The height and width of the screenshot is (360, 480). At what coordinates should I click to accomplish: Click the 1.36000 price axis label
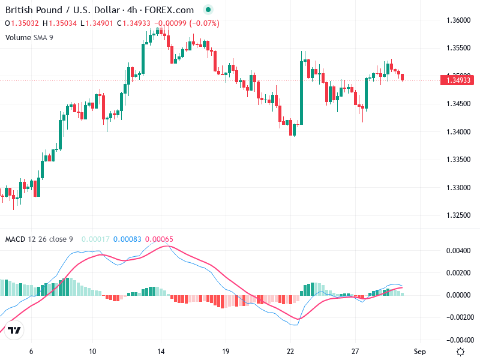click(x=458, y=20)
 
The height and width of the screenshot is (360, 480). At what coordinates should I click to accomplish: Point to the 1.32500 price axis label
click(x=458, y=215)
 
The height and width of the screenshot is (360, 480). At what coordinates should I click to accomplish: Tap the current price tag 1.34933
click(x=458, y=79)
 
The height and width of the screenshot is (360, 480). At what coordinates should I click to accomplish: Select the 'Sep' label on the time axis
click(x=420, y=352)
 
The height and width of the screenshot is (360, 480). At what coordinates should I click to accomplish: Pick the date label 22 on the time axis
click(x=290, y=352)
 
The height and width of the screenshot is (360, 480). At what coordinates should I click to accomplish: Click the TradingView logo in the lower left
click(x=15, y=330)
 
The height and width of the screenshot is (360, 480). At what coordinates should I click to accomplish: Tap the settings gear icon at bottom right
click(x=460, y=352)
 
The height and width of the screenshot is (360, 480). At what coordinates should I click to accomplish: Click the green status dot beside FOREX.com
click(x=208, y=10)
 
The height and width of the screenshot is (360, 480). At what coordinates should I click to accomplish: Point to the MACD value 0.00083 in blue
click(x=127, y=239)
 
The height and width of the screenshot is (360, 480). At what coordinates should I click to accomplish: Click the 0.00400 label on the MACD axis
click(x=458, y=250)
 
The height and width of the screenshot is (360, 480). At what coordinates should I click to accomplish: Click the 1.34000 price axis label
click(x=458, y=131)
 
